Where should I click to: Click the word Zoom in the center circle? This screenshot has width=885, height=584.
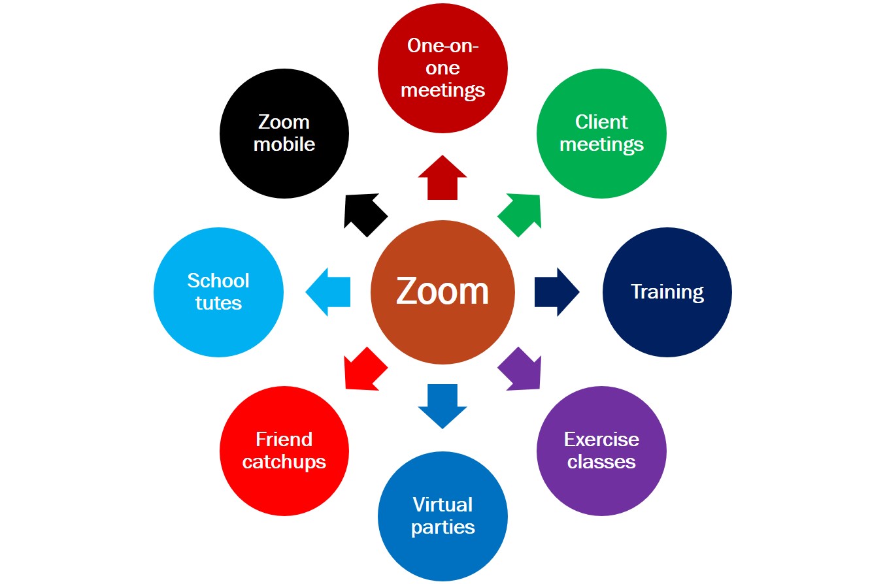point(442,291)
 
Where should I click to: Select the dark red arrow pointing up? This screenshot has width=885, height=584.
point(442,179)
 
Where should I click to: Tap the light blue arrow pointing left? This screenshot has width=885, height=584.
point(329,292)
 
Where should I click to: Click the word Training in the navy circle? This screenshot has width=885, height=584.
point(667,291)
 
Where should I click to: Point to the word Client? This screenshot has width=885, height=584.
point(601,122)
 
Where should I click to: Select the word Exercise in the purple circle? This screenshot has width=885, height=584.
point(601,439)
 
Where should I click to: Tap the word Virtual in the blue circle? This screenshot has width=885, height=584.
point(442,505)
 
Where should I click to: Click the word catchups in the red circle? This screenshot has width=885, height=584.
point(284,462)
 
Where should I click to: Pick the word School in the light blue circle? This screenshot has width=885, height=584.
point(218,281)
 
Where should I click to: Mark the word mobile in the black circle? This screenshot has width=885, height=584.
point(284,144)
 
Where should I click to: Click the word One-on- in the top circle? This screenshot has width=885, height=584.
point(442,46)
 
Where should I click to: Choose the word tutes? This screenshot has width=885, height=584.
point(218,303)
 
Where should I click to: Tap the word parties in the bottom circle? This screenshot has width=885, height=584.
point(442,527)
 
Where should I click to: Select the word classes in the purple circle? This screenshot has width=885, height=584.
point(601,462)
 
